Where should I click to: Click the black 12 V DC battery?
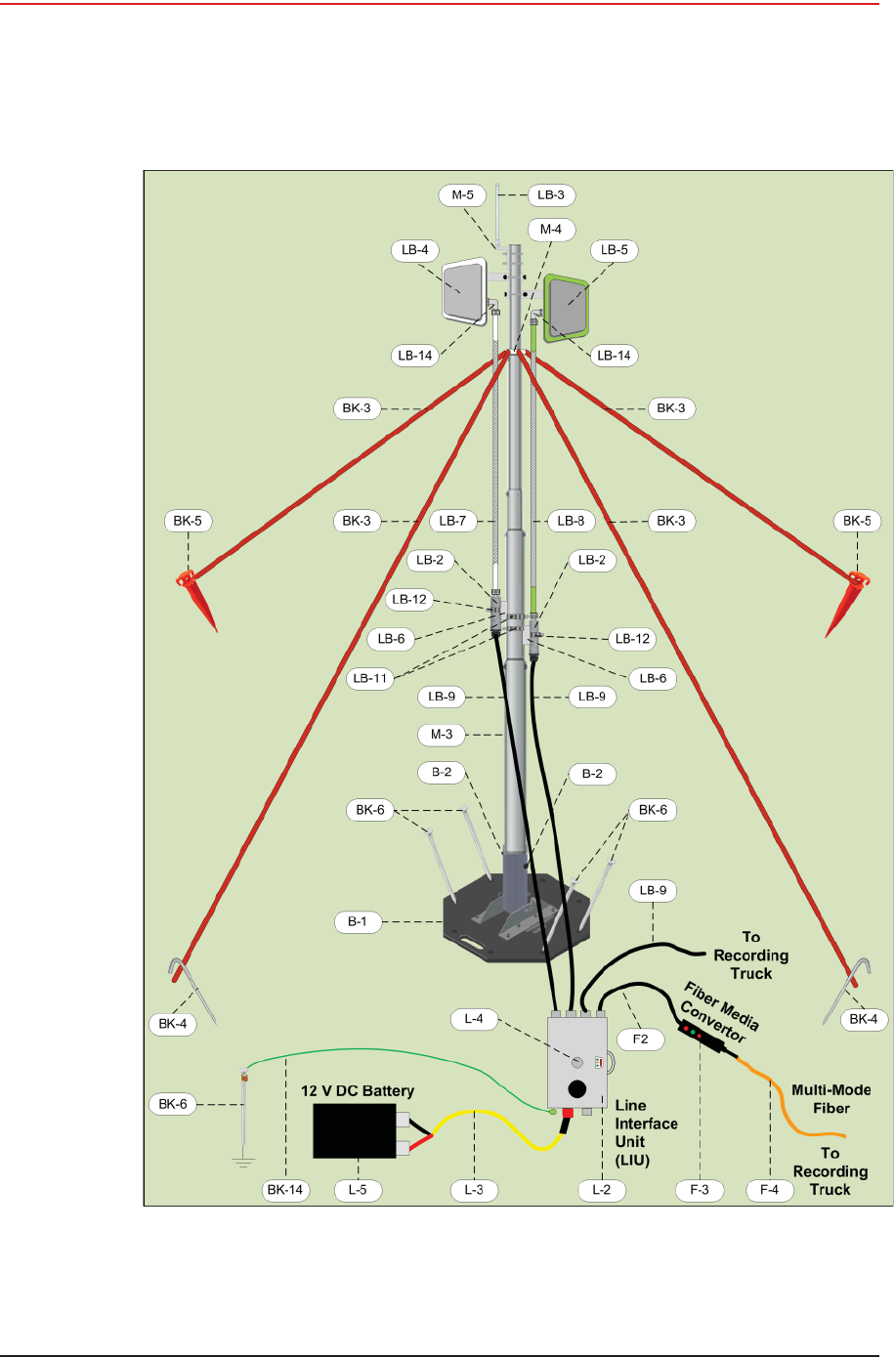354,1131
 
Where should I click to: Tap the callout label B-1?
358,921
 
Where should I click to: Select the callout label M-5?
462,195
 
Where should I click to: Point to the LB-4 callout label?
415,250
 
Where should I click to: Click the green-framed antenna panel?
567,307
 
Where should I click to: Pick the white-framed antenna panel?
463,290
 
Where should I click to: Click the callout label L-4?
474,1019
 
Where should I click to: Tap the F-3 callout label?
700,1190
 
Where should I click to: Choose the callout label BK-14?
285,1190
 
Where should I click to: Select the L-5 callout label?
358,1190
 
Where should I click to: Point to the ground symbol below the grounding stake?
243,1162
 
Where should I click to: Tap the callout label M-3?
442,735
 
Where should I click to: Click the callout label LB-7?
452,521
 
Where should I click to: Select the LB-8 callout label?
571,521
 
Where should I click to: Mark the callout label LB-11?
370,678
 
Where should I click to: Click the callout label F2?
640,1039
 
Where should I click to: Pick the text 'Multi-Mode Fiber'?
830,1099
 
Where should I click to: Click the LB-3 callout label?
551,195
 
